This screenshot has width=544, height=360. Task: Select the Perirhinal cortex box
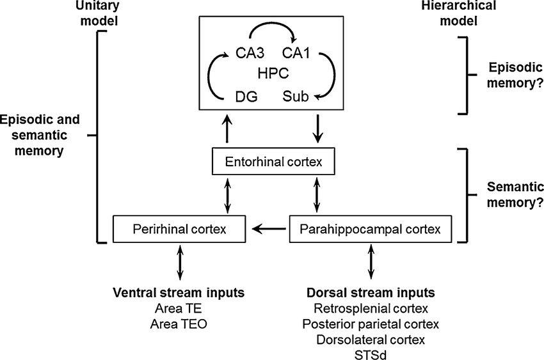click(179, 228)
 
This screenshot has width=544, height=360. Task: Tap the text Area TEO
click(179, 324)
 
